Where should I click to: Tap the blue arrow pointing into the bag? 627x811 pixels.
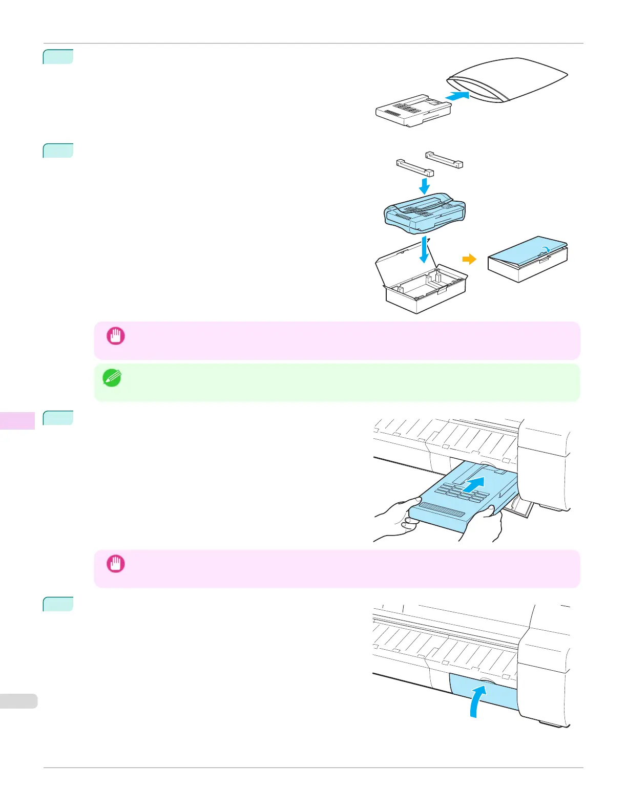457,95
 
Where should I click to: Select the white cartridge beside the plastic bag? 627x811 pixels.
412,110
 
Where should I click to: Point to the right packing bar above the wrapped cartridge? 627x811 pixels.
444,159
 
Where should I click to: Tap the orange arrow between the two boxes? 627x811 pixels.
469,260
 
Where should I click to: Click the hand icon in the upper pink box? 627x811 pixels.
115,336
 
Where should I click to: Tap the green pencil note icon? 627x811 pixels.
112,378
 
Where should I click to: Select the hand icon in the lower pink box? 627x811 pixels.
115,564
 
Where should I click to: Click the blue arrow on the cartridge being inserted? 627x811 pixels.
474,483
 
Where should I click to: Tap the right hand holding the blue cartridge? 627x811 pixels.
487,522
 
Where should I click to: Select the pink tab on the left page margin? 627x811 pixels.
17,420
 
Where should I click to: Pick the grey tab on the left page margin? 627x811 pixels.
18,701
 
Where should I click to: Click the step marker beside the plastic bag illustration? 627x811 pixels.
58,56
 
